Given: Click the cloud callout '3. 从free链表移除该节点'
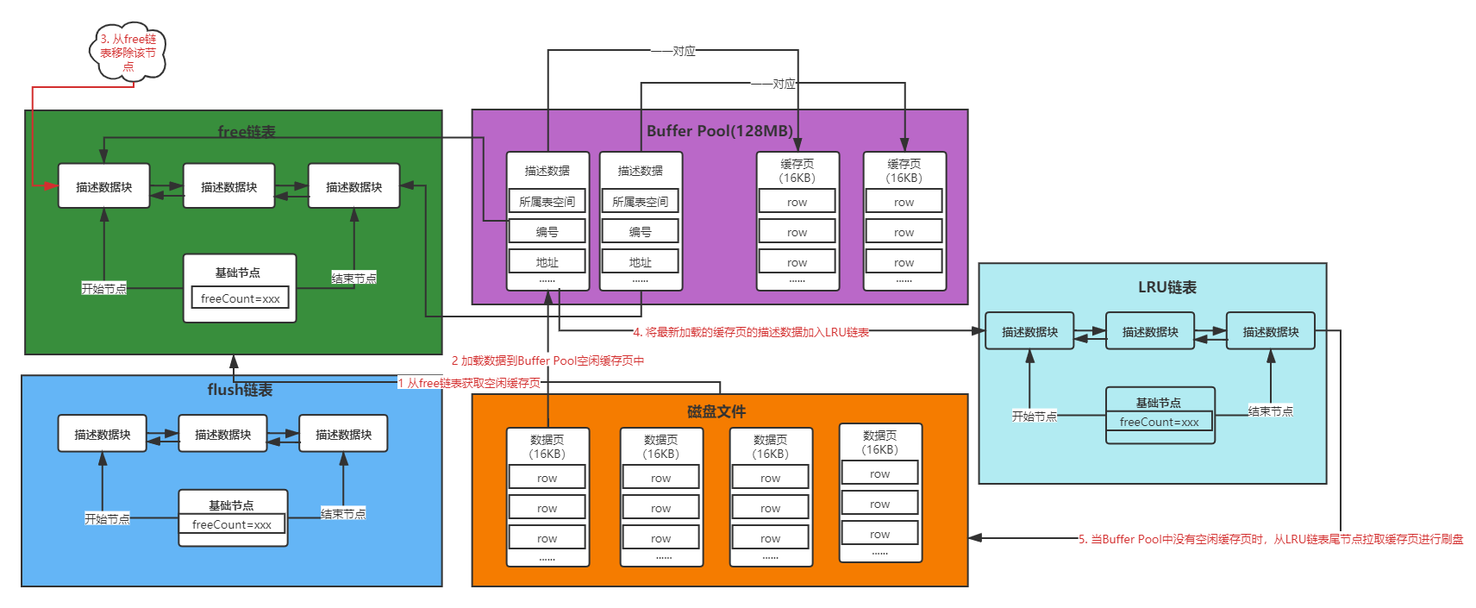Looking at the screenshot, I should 128,53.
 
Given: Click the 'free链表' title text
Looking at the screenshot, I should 247,131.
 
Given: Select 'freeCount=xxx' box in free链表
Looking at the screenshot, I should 240,298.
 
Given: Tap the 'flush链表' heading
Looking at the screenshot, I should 240,390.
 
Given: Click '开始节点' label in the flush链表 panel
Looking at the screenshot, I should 107,518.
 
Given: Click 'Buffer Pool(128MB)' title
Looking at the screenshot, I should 719,131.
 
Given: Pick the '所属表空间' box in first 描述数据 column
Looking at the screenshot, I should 547,202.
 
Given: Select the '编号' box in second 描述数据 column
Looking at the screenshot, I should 640,232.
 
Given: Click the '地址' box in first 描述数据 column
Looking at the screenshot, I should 547,262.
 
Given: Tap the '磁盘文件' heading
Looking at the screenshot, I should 716,411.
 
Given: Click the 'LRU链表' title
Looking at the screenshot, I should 1166,287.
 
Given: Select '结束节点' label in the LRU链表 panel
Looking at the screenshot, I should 1270,411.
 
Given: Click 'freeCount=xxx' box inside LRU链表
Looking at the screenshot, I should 1159,422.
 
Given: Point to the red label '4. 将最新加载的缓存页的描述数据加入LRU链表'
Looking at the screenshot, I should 750,332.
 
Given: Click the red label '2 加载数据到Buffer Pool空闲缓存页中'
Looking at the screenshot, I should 547,360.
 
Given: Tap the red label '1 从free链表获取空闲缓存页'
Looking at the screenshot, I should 469,383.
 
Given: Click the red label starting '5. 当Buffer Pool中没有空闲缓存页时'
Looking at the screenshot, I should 1270,539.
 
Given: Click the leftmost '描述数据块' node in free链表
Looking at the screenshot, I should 103,186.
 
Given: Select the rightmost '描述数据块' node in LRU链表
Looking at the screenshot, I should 1270,331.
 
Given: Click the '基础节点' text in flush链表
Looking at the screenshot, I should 231,505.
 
